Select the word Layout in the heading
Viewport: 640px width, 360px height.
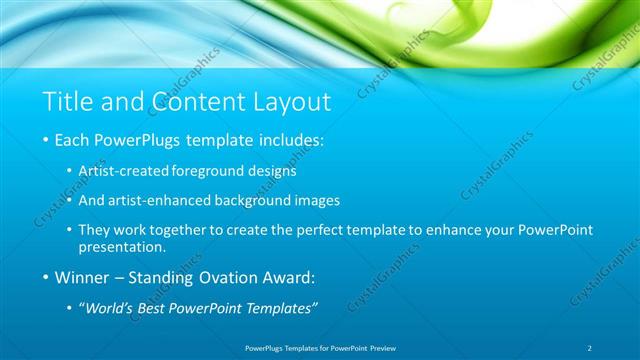(x=294, y=101)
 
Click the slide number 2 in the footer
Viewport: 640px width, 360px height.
(x=590, y=347)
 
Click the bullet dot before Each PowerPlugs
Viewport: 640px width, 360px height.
(x=46, y=141)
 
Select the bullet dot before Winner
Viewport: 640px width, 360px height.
(x=46, y=277)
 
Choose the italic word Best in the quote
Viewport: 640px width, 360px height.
(x=159, y=307)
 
